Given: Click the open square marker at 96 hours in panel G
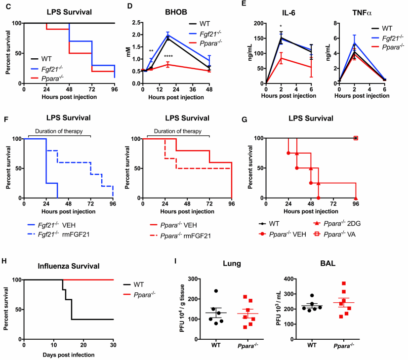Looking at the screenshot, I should [x=356, y=138].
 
